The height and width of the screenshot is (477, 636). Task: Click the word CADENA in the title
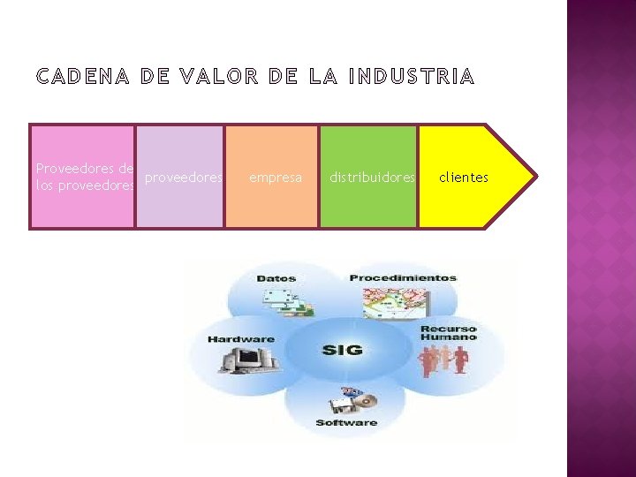(83, 78)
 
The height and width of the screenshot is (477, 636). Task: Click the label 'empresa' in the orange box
(276, 178)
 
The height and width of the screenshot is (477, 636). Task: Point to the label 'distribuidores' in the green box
(372, 178)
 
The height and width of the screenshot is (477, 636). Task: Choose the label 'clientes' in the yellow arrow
(464, 178)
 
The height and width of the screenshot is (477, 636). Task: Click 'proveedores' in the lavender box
(183, 178)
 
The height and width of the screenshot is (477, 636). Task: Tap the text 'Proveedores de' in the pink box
(85, 169)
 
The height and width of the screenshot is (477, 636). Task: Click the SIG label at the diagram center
(343, 350)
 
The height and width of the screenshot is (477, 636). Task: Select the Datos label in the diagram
(276, 279)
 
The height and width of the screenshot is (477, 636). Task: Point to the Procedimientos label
(403, 278)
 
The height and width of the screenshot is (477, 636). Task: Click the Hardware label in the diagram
(241, 339)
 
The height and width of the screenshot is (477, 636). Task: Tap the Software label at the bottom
(346, 423)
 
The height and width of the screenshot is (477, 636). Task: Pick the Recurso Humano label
(449, 331)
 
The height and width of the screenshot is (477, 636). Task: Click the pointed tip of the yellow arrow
(534, 177)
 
